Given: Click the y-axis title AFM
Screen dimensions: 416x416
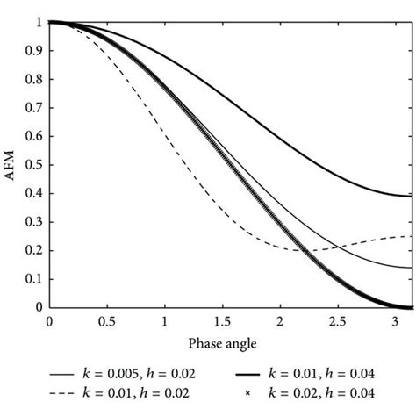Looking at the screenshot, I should [11, 164].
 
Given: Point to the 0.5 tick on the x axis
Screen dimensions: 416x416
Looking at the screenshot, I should [107, 321].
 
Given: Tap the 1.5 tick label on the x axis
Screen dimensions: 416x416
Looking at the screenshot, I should [222, 321].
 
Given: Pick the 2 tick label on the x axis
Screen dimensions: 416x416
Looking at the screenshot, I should [280, 321].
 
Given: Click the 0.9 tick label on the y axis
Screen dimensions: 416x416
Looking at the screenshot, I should [36, 51].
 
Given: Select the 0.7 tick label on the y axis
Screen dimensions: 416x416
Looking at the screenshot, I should [36, 108].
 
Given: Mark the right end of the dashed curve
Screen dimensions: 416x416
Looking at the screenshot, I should [411, 236].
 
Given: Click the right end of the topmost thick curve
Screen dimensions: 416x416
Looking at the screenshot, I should [411, 196].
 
